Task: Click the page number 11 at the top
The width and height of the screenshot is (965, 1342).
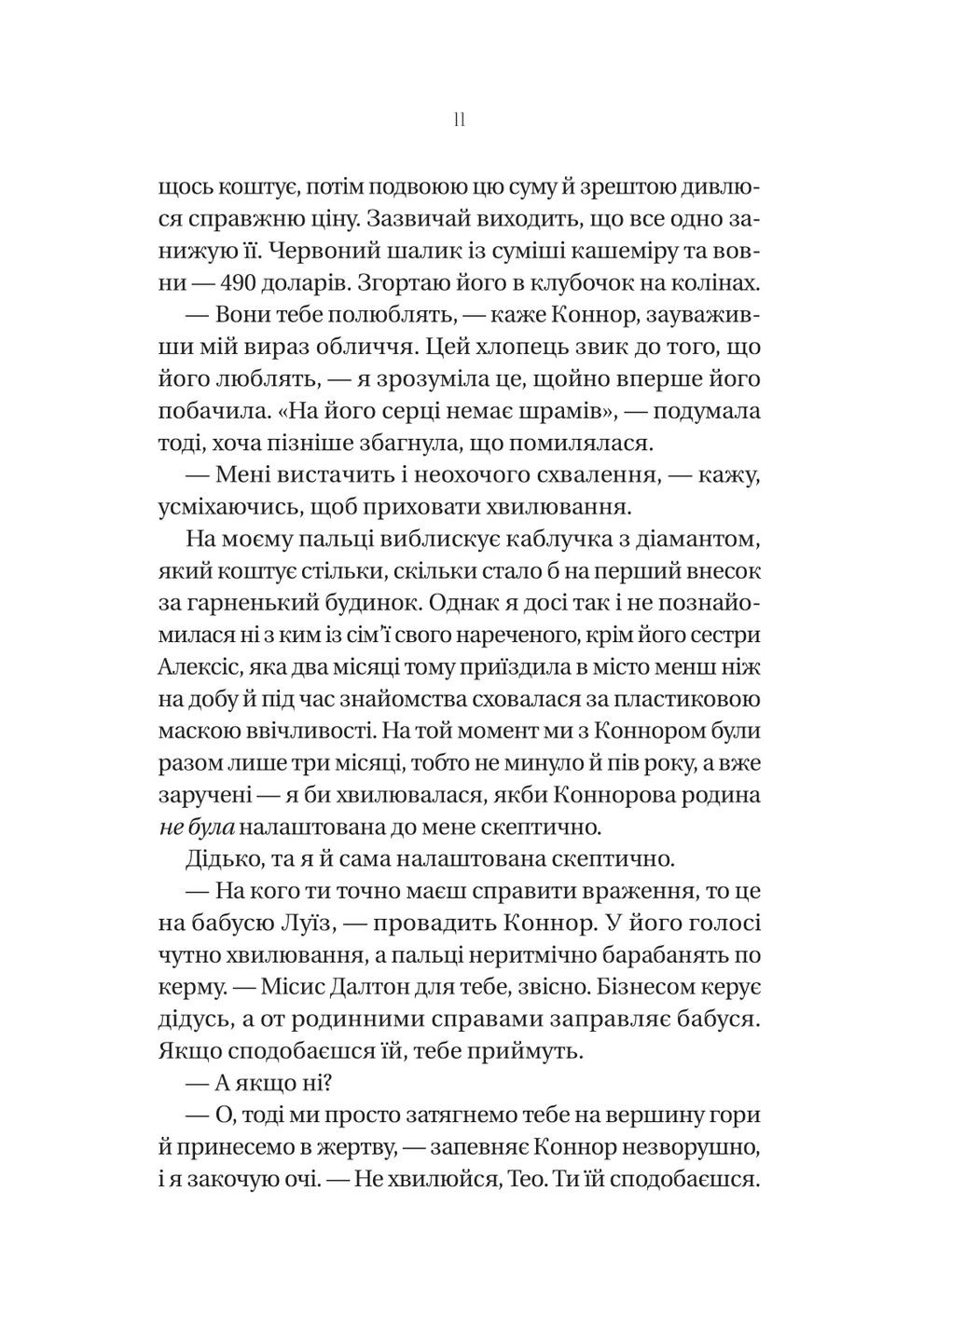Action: tap(459, 120)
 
